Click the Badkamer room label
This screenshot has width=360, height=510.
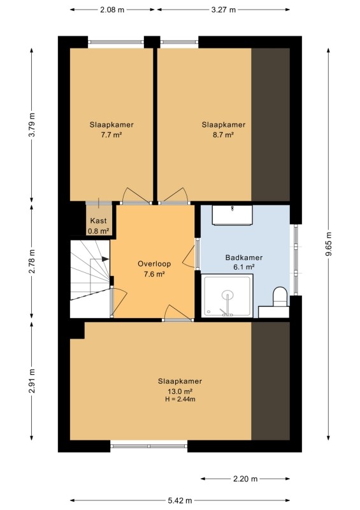244,258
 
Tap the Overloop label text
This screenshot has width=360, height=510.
154,264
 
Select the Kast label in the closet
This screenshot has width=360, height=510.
98,221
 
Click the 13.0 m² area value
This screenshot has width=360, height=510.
180,391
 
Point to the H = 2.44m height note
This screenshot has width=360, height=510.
180,399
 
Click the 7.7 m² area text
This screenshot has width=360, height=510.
112,135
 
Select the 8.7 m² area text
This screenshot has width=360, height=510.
224,135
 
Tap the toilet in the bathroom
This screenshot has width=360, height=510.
280,296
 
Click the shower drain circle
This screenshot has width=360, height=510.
228,295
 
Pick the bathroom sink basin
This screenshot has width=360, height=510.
232,215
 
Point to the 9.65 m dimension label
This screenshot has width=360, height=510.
328,244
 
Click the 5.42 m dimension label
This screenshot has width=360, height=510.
180,500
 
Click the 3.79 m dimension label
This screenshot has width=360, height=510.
32,125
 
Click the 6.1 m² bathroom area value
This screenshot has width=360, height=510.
244,267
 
